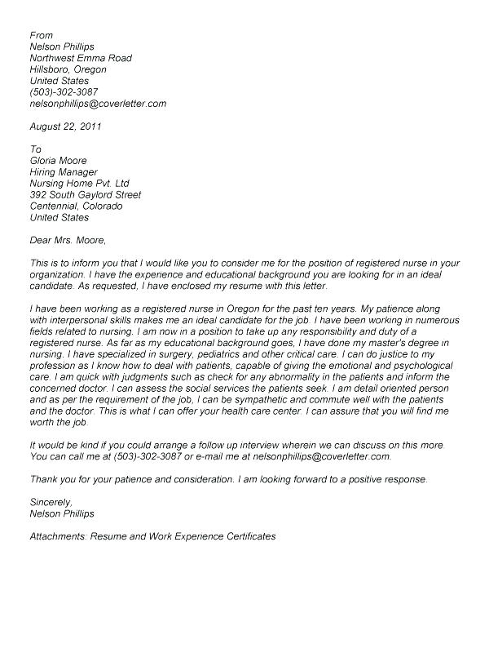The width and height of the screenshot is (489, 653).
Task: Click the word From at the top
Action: click(41, 36)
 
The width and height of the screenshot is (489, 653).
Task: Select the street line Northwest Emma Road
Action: click(80, 59)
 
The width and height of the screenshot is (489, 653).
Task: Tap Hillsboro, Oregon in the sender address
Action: click(68, 70)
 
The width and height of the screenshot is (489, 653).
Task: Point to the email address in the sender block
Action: click(98, 104)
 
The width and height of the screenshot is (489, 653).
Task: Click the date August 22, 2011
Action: click(66, 127)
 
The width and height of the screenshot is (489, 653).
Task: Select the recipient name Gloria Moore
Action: click(58, 161)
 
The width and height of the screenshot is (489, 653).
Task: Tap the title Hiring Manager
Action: click(64, 172)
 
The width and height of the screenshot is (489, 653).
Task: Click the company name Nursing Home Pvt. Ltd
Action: click(79, 184)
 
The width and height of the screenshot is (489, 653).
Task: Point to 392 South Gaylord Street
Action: click(85, 195)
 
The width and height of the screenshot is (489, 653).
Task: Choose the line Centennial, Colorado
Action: click(76, 207)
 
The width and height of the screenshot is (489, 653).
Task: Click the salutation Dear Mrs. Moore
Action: click(68, 241)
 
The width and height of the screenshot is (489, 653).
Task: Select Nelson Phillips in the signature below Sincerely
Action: click(63, 514)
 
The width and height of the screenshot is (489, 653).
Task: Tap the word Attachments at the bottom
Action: click(58, 537)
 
